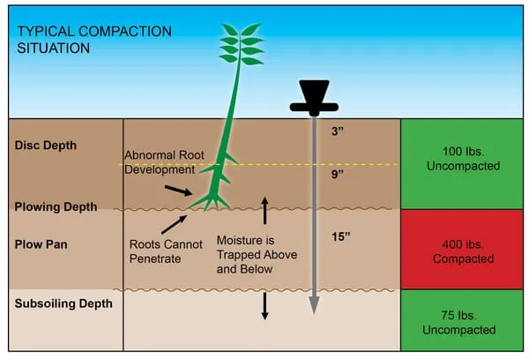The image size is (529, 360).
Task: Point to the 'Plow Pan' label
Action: pyautogui.click(x=40, y=239)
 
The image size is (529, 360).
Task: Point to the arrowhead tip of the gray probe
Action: pyautogui.click(x=313, y=306)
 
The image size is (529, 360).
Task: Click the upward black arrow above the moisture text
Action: pyautogui.click(x=264, y=210)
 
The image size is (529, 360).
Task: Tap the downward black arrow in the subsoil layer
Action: pyautogui.click(x=264, y=304)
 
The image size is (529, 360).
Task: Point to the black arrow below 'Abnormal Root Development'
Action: pyautogui.click(x=176, y=190)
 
